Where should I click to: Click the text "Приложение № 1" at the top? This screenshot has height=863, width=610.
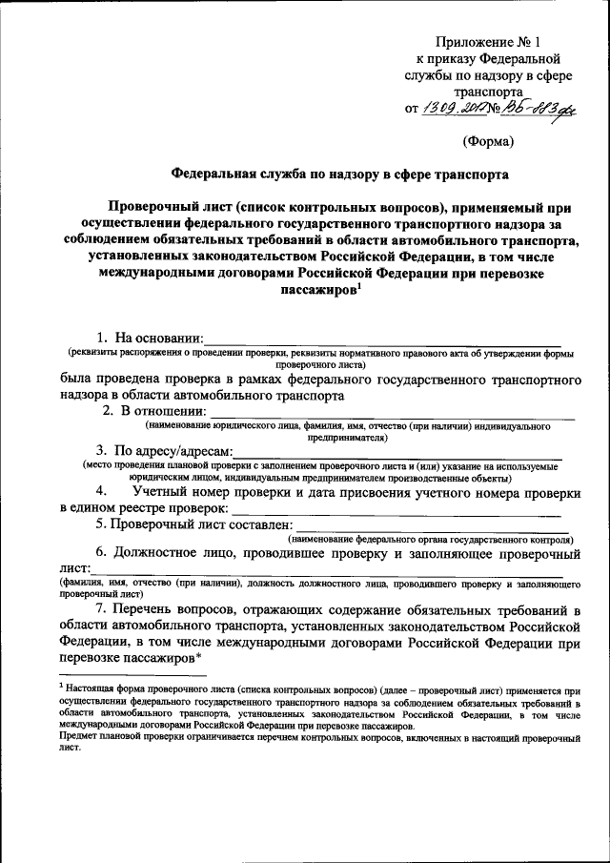487,41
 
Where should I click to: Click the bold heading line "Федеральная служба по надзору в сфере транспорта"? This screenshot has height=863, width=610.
340,175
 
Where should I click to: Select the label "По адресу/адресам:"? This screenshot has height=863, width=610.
163,450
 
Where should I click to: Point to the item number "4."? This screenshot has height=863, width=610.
111,491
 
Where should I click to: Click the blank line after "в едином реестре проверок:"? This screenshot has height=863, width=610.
400,513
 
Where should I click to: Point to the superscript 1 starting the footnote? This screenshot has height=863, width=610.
61,684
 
